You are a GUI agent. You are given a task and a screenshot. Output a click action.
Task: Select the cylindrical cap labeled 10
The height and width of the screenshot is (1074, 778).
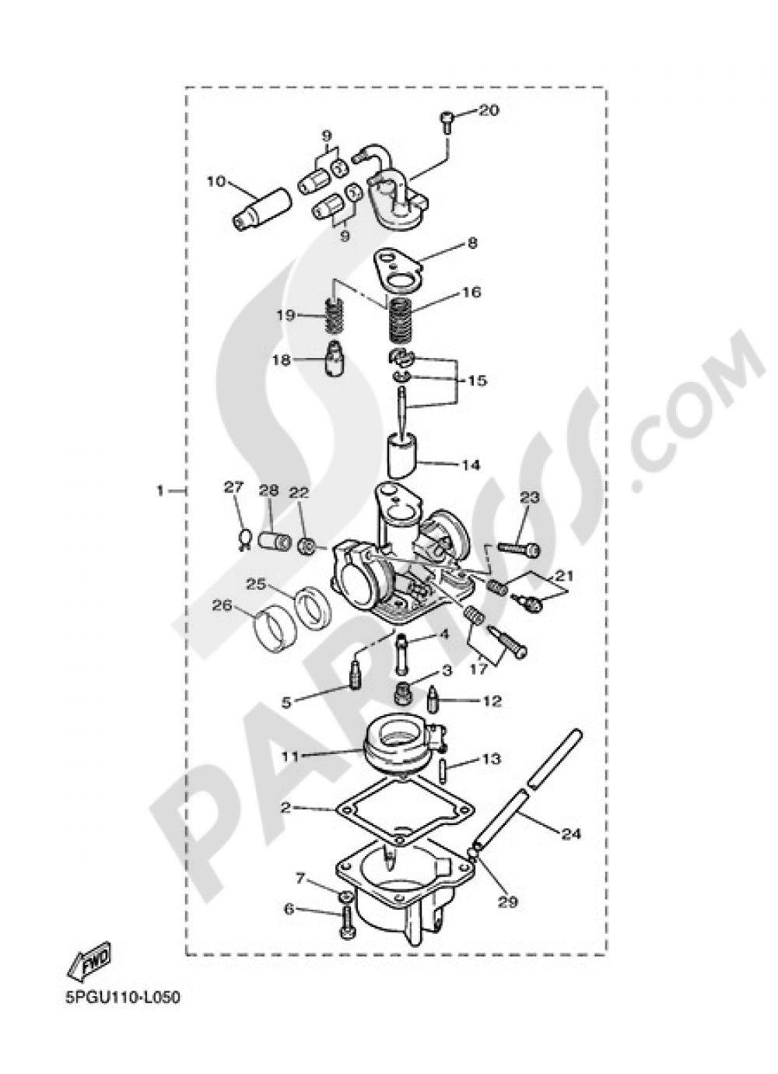(x=261, y=209)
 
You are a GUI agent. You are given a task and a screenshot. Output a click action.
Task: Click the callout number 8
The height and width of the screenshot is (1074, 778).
(x=472, y=243)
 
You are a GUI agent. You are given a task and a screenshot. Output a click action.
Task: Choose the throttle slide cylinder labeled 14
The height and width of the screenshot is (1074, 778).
(x=402, y=454)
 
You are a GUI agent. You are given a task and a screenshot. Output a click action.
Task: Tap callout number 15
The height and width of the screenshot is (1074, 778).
(x=478, y=381)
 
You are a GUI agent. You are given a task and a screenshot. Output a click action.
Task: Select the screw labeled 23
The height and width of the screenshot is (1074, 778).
(x=519, y=549)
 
